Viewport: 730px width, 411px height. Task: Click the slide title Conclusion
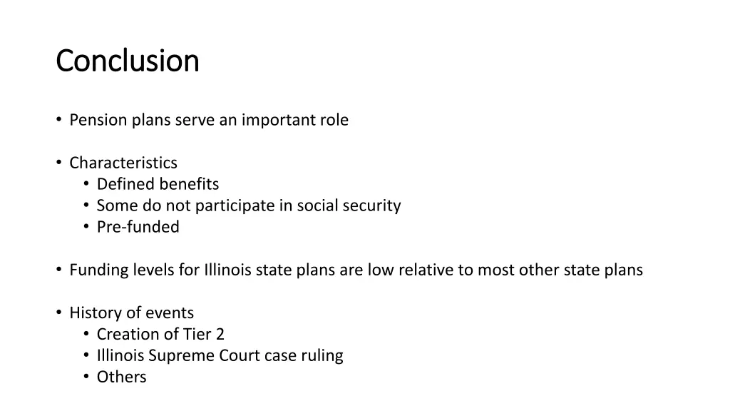(x=128, y=61)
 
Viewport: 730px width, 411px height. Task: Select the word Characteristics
(x=123, y=163)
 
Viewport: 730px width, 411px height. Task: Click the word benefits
(x=189, y=184)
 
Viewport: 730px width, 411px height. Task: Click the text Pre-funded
(x=138, y=227)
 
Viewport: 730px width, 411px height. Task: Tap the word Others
(x=122, y=377)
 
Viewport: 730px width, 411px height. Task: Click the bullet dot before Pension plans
(x=58, y=120)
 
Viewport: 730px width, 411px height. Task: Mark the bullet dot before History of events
(x=58, y=313)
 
